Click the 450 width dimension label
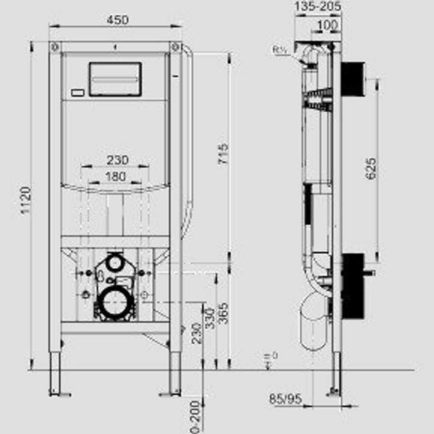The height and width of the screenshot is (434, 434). [117, 20]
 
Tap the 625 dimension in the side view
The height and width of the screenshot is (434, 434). [371, 169]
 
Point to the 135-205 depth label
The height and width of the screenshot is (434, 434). [318, 6]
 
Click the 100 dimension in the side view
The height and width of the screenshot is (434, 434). [327, 25]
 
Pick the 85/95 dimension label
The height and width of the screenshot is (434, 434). [285, 399]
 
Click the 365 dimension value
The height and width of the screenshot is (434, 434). [223, 313]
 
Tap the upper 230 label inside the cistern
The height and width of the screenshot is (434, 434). [117, 160]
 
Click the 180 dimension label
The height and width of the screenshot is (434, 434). [115, 176]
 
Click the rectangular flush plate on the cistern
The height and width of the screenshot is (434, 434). [115, 79]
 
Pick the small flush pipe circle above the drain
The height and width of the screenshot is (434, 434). [114, 263]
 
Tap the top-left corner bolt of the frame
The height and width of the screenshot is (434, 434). [55, 47]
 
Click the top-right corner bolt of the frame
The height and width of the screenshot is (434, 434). [175, 47]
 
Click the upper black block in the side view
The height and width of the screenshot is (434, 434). [353, 79]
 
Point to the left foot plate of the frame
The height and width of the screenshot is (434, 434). [60, 395]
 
